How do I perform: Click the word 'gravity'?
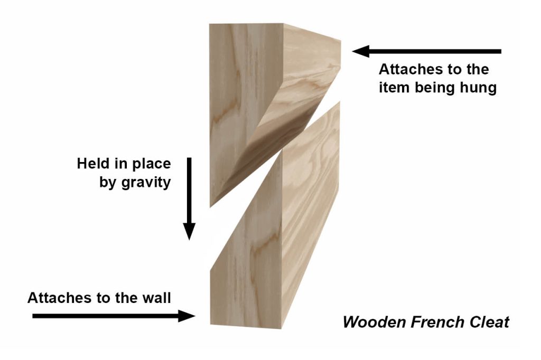[x=146, y=183]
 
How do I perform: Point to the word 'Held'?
[x=92, y=164]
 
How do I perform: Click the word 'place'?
[x=152, y=164]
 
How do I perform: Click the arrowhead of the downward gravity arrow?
[x=189, y=231]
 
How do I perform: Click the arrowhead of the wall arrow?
[x=186, y=316]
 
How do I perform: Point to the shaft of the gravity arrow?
[x=189, y=191]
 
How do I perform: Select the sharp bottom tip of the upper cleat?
[x=210, y=207]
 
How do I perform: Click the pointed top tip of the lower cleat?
[x=340, y=102]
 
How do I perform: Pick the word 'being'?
[x=435, y=88]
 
